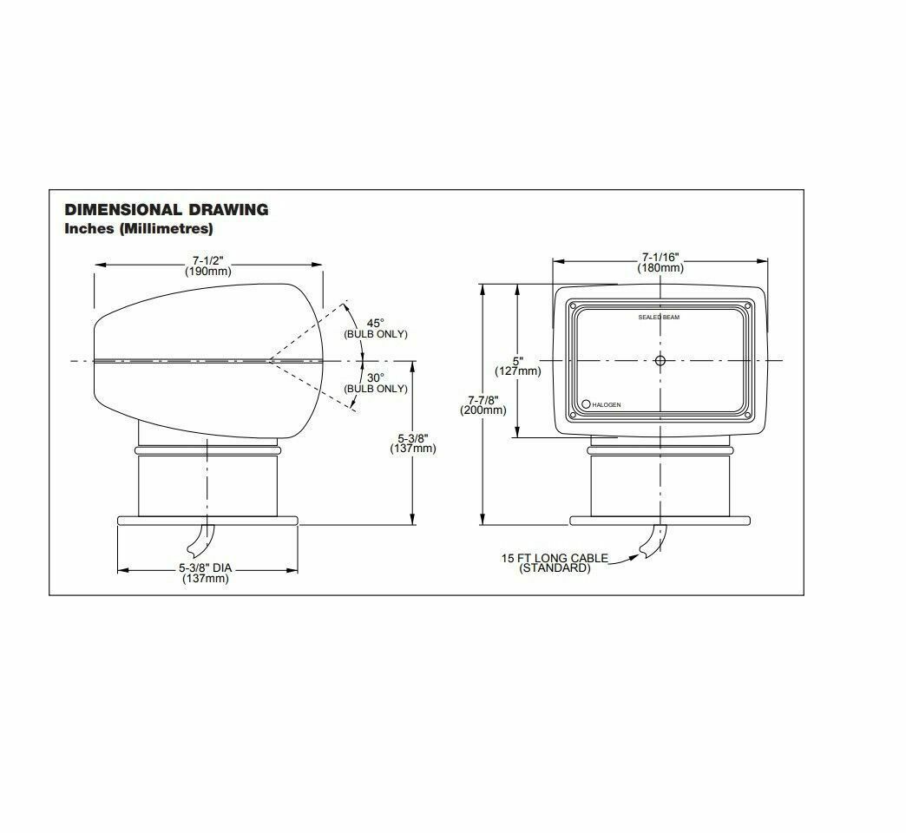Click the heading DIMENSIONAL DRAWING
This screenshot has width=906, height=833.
[x=167, y=209]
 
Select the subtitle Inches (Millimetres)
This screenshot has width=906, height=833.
[x=139, y=229]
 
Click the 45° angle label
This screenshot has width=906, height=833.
[x=375, y=323]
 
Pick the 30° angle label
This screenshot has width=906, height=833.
[x=375, y=377]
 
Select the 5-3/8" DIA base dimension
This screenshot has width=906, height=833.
[x=206, y=568]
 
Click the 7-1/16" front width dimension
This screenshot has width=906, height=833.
[x=660, y=257]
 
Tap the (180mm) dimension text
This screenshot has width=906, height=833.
[x=660, y=268]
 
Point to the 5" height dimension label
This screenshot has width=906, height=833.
[x=518, y=360]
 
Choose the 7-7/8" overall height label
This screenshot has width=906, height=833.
[x=483, y=399]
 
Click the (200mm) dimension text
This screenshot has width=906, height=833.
[x=483, y=410]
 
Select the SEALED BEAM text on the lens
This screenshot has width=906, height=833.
[x=659, y=318]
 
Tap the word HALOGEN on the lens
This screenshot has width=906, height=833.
[x=607, y=405]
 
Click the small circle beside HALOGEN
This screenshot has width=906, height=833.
[x=587, y=404]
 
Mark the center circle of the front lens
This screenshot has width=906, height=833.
[x=660, y=360]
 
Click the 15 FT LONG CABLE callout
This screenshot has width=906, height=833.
[x=555, y=558]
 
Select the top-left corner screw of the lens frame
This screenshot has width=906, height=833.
[x=574, y=305]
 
